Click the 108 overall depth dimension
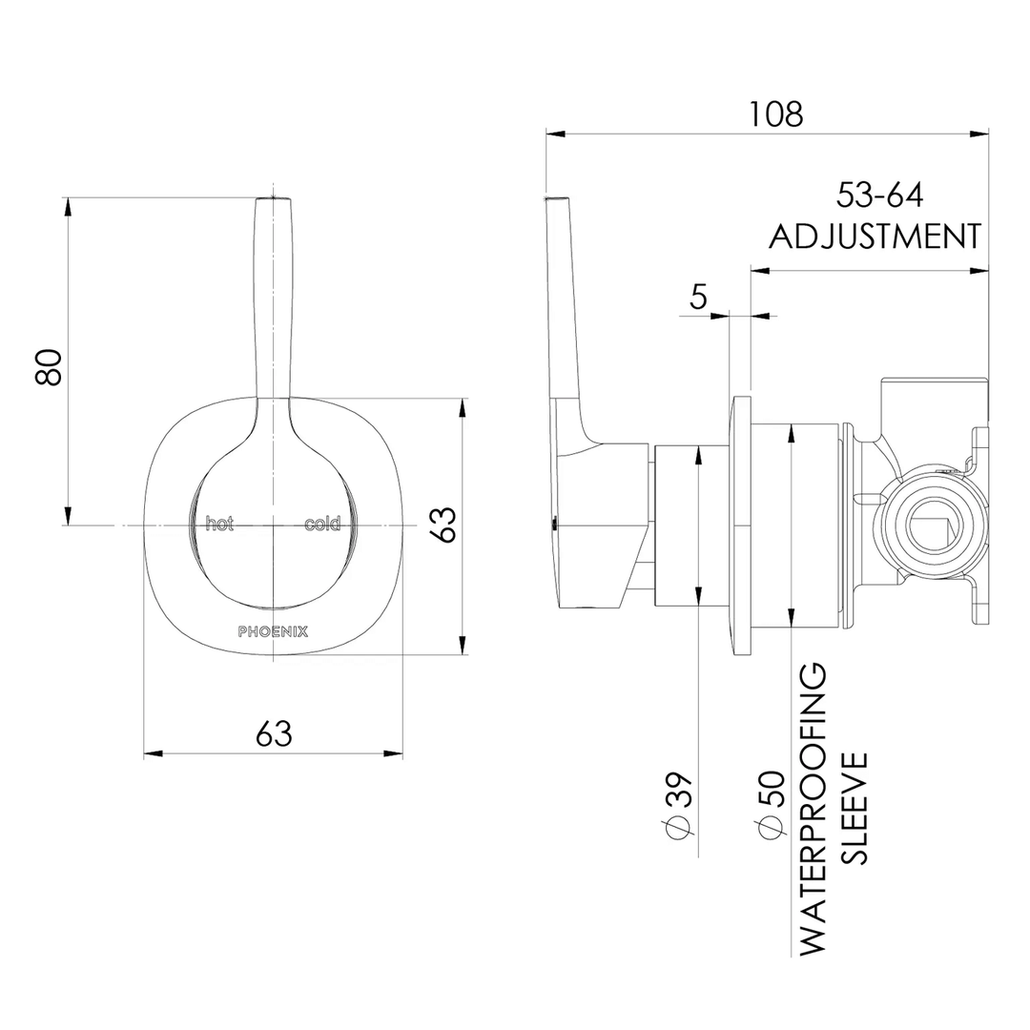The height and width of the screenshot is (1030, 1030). pos(775,113)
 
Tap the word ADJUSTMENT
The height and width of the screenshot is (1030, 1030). pos(875,236)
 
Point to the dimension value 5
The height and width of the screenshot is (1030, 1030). pos(698,298)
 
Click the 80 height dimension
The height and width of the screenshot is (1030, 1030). pos(49,366)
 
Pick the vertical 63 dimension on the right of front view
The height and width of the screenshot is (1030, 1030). pos(443,525)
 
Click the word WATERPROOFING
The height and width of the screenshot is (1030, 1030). pos(812,811)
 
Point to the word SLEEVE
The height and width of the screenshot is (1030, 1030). pos(855,807)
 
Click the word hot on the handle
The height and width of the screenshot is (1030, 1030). pos(219,524)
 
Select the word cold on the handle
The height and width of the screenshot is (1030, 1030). pos(322,524)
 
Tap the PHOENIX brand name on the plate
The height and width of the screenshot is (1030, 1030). pos(272,630)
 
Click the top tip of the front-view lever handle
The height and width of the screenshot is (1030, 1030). pos(274,200)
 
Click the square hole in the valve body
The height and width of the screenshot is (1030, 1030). pos(932,529)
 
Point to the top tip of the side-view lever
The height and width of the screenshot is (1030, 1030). pos(558,200)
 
